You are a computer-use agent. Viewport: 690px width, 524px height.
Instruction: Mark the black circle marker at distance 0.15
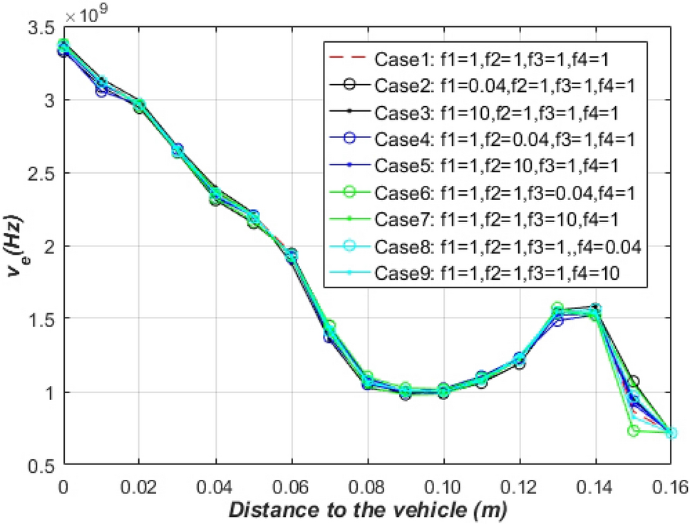634,382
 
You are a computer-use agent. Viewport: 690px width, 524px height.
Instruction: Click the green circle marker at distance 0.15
634,431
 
